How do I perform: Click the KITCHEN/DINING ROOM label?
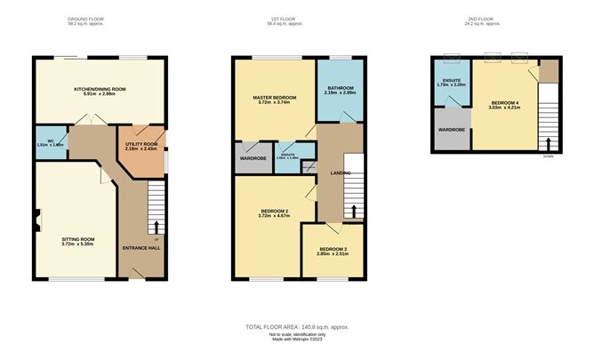[100, 90]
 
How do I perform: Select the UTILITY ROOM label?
[140, 144]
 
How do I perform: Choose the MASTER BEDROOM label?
[273, 96]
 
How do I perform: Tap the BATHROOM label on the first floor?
[340, 89]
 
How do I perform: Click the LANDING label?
[340, 172]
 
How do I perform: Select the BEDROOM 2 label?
[273, 212]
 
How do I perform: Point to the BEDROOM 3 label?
[333, 250]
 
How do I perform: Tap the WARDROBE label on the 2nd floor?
[451, 130]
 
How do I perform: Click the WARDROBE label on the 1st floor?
[253, 158]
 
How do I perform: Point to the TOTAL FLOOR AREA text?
[297, 327]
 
